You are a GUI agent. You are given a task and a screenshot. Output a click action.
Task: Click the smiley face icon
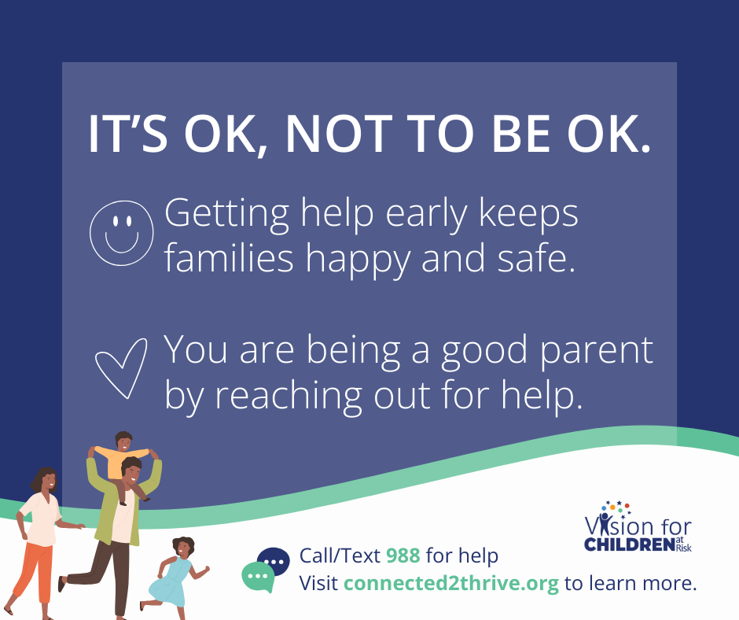pyautogui.click(x=122, y=233)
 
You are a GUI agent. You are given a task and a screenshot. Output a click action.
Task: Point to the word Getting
pyautogui.click(x=226, y=214)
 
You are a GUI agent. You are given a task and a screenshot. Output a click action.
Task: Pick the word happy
pyautogui.click(x=358, y=261)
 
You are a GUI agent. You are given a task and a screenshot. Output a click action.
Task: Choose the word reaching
pyautogui.click(x=288, y=397)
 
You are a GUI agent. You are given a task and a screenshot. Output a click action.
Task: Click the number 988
pyautogui.click(x=403, y=555)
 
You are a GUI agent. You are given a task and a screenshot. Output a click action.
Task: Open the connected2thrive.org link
pyautogui.click(x=451, y=584)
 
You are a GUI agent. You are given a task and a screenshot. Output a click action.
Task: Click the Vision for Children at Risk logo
pyautogui.click(x=638, y=526)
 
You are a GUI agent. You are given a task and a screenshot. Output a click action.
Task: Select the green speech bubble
pyautogui.click(x=258, y=577)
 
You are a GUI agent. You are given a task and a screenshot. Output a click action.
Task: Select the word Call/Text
pyautogui.click(x=340, y=555)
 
